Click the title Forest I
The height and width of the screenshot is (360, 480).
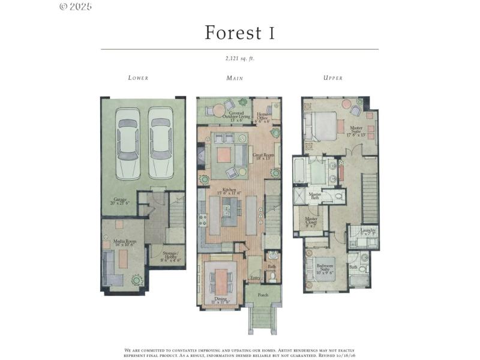click(239, 32)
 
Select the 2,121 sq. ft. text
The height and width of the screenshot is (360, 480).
click(239, 58)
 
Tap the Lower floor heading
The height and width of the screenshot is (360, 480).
click(138, 78)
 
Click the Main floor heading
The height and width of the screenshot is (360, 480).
click(234, 78)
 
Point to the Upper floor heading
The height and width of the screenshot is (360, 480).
click(333, 78)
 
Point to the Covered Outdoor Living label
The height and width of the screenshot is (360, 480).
click(232, 116)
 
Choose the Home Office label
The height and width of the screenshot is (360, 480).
click(263, 116)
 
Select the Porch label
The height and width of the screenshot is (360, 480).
click(263, 295)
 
